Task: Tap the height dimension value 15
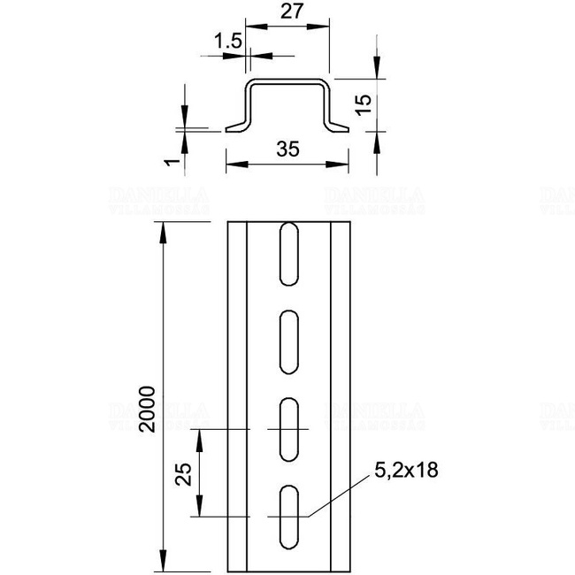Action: coord(361,106)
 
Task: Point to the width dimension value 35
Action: coord(286,149)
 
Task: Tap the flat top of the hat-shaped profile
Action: coord(287,82)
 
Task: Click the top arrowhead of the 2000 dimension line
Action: coord(163,232)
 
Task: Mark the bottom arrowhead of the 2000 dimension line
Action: coord(163,565)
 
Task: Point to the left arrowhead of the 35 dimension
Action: coord(233,164)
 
